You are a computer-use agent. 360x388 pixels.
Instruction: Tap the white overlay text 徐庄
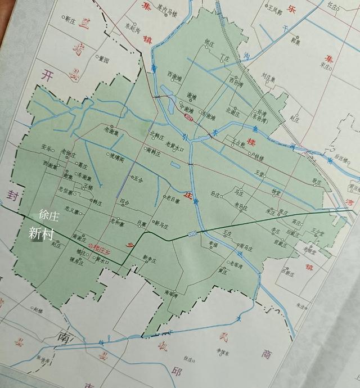tap(48, 215)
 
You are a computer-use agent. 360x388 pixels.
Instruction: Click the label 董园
tap(103, 58)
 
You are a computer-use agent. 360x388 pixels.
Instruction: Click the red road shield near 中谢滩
tap(188, 118)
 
